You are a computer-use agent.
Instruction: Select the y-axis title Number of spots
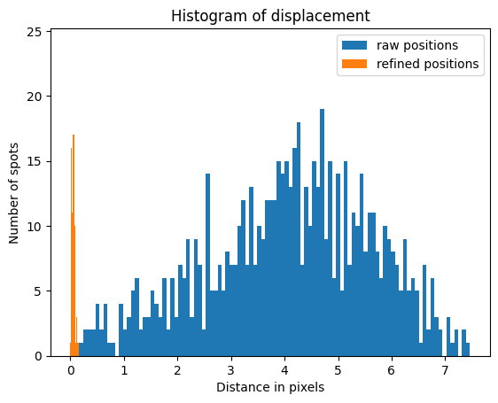(15, 192)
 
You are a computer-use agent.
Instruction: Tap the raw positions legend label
(417, 45)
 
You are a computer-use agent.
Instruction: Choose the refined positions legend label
(427, 64)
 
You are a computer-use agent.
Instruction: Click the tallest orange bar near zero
(74, 248)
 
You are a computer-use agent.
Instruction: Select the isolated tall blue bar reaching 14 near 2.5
(207, 266)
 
